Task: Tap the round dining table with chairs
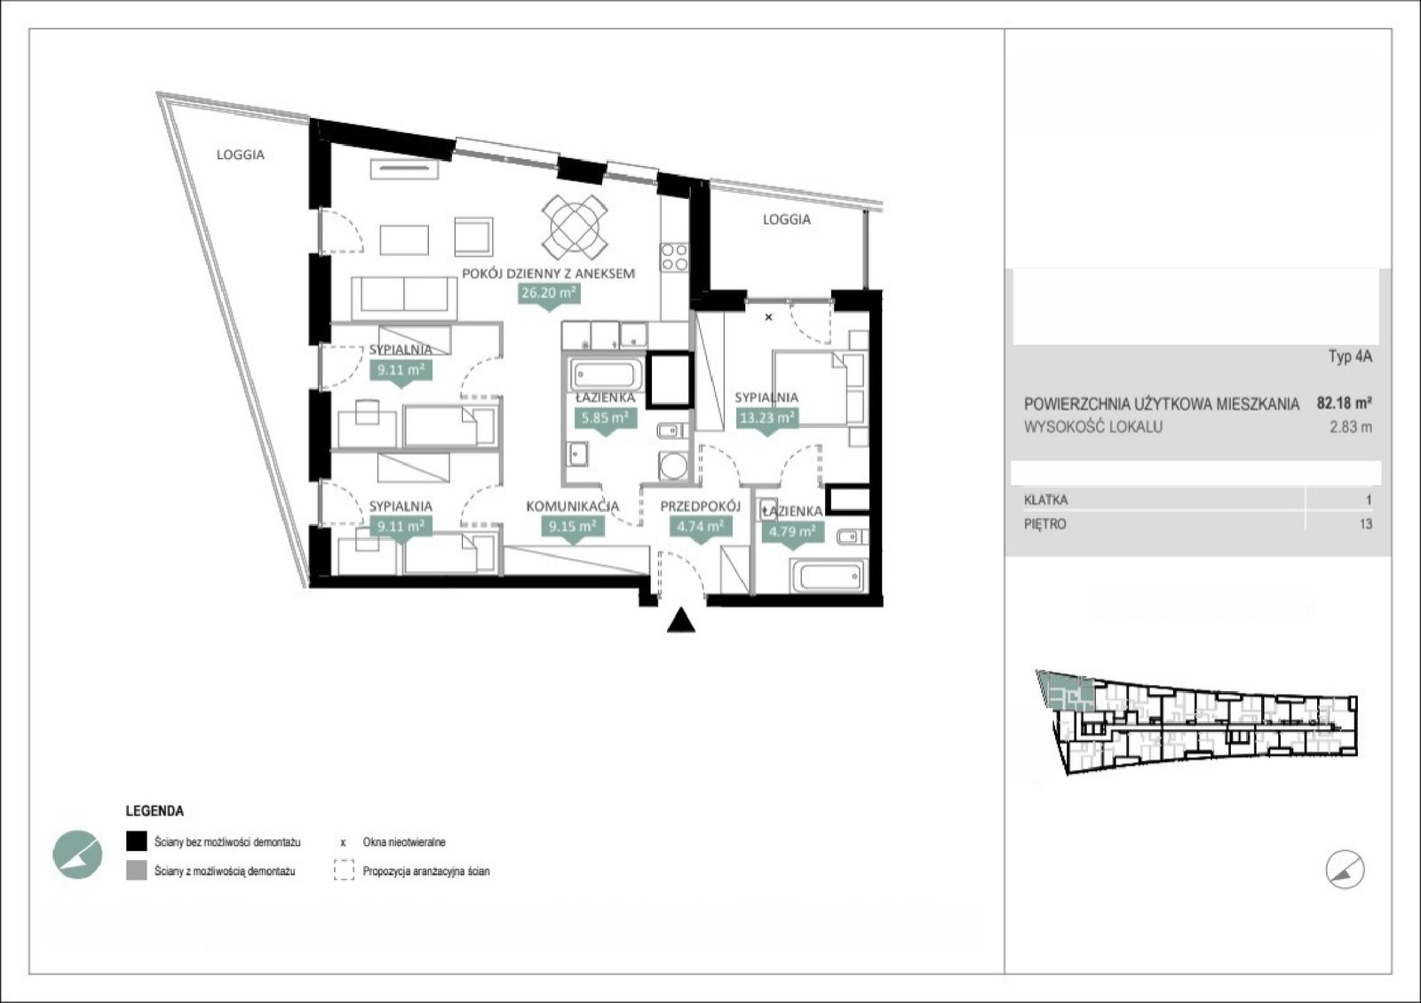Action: pyautogui.click(x=574, y=227)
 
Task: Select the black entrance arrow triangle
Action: pyautogui.click(x=681, y=620)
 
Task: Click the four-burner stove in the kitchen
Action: pyautogui.click(x=674, y=257)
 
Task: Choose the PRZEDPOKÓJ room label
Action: pyautogui.click(x=701, y=506)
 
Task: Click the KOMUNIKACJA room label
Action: pyautogui.click(x=572, y=506)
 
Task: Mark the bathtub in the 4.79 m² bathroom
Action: pyautogui.click(x=829, y=576)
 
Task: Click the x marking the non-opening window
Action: pyautogui.click(x=769, y=317)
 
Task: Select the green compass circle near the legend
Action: pyautogui.click(x=77, y=855)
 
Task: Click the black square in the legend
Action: pyautogui.click(x=137, y=841)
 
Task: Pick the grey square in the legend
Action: pyautogui.click(x=137, y=871)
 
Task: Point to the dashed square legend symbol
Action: pyautogui.click(x=344, y=871)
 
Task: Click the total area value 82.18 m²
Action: pyautogui.click(x=1345, y=402)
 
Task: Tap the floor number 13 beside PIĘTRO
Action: pyautogui.click(x=1366, y=524)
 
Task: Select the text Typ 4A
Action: pyautogui.click(x=1351, y=356)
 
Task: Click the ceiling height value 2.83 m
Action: pyautogui.click(x=1351, y=427)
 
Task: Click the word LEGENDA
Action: pyautogui.click(x=155, y=811)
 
